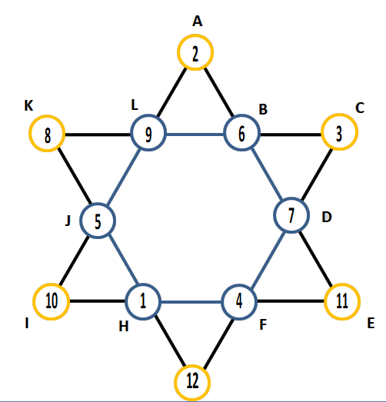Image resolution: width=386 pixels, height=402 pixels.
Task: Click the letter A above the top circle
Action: pyautogui.click(x=198, y=22)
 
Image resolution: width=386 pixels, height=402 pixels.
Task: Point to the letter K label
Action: pyautogui.click(x=28, y=105)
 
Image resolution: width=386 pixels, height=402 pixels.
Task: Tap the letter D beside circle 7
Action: pyautogui.click(x=327, y=217)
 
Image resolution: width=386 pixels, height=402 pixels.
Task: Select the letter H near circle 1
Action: pyautogui.click(x=124, y=327)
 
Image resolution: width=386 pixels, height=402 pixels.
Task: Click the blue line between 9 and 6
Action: pyautogui.click(x=195, y=134)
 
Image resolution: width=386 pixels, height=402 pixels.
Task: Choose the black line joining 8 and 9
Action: pyautogui.click(x=98, y=135)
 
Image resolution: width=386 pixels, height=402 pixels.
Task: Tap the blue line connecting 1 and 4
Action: pyautogui.click(x=191, y=302)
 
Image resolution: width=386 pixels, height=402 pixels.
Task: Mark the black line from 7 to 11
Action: pyautogui.click(x=316, y=258)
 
